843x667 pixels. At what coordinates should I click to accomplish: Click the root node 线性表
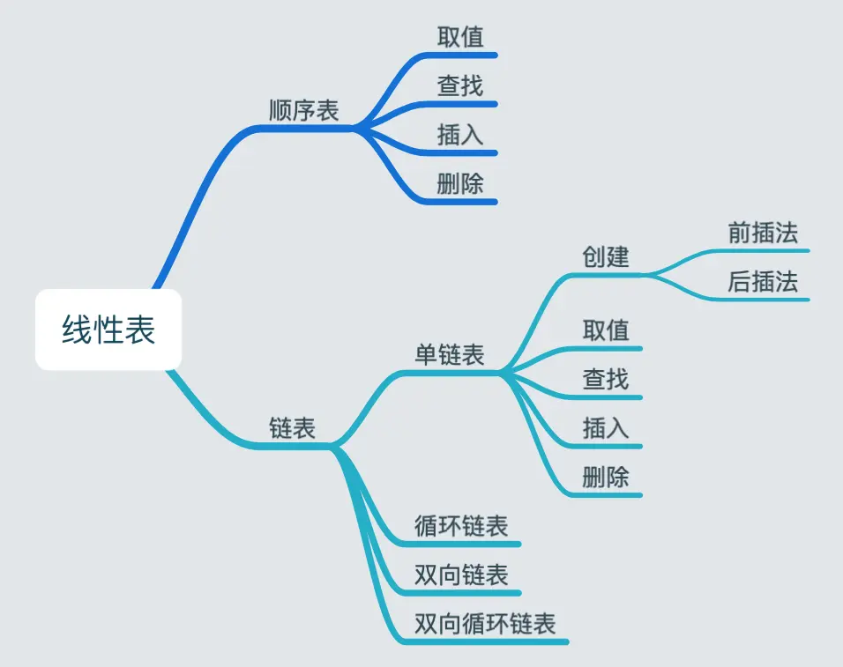pos(108,330)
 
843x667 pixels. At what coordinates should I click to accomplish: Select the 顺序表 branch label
pos(304,111)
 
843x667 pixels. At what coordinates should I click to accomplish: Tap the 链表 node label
pos(292,428)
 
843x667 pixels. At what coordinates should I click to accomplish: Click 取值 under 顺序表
pos(460,37)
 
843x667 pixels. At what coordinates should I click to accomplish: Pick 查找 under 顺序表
pos(460,86)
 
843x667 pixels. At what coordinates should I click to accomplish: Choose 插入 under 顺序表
pos(460,135)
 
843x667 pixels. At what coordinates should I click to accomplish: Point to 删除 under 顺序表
pos(460,183)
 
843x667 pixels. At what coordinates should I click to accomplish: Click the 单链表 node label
pos(450,355)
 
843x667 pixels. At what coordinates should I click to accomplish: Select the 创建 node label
pos(606,256)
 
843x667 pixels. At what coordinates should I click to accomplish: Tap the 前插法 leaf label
pos(763,233)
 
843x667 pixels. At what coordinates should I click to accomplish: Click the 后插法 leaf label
pos(763,282)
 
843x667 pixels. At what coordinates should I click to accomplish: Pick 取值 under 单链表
pos(606,330)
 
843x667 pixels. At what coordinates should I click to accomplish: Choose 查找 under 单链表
pos(606,380)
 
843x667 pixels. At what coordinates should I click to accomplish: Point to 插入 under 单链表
pos(606,428)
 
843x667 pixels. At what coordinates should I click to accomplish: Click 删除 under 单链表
pos(606,478)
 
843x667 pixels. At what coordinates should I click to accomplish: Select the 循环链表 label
pos(461,526)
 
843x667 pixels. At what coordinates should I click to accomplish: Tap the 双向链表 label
pos(461,575)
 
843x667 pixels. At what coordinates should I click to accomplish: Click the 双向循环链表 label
pos(485,624)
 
